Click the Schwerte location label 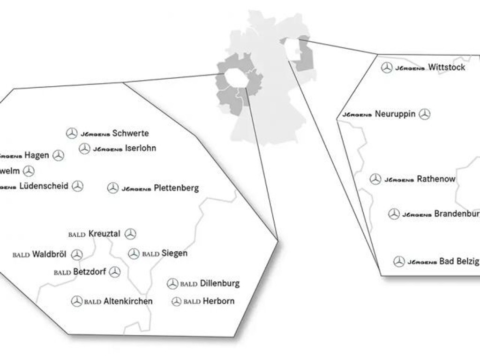130,133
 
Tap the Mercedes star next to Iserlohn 84,149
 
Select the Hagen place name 37,155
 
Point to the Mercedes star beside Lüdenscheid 78,186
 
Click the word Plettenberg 176,188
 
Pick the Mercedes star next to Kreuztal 130,234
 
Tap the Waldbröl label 49,255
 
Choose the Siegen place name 174,253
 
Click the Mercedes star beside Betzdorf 115,272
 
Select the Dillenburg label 219,283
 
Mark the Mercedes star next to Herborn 176,301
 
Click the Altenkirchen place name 127,301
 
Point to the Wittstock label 447,67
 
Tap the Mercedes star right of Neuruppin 425,114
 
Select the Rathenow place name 436,179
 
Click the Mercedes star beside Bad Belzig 399,262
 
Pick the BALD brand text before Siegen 150,254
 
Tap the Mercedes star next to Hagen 58,156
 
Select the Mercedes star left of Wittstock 387,67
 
